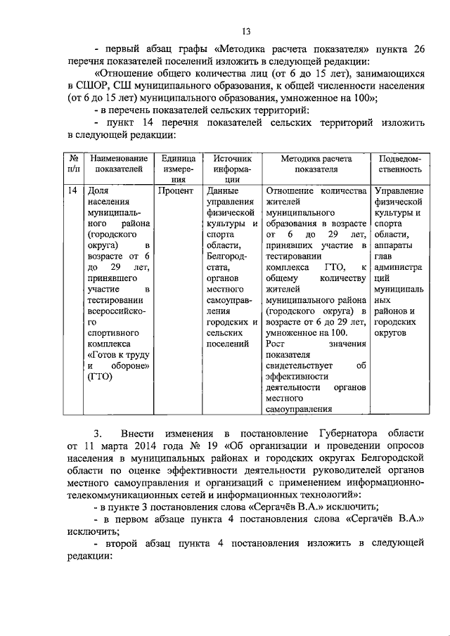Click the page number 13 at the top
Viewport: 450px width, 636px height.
(x=247, y=30)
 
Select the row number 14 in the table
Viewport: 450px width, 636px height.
(x=72, y=190)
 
